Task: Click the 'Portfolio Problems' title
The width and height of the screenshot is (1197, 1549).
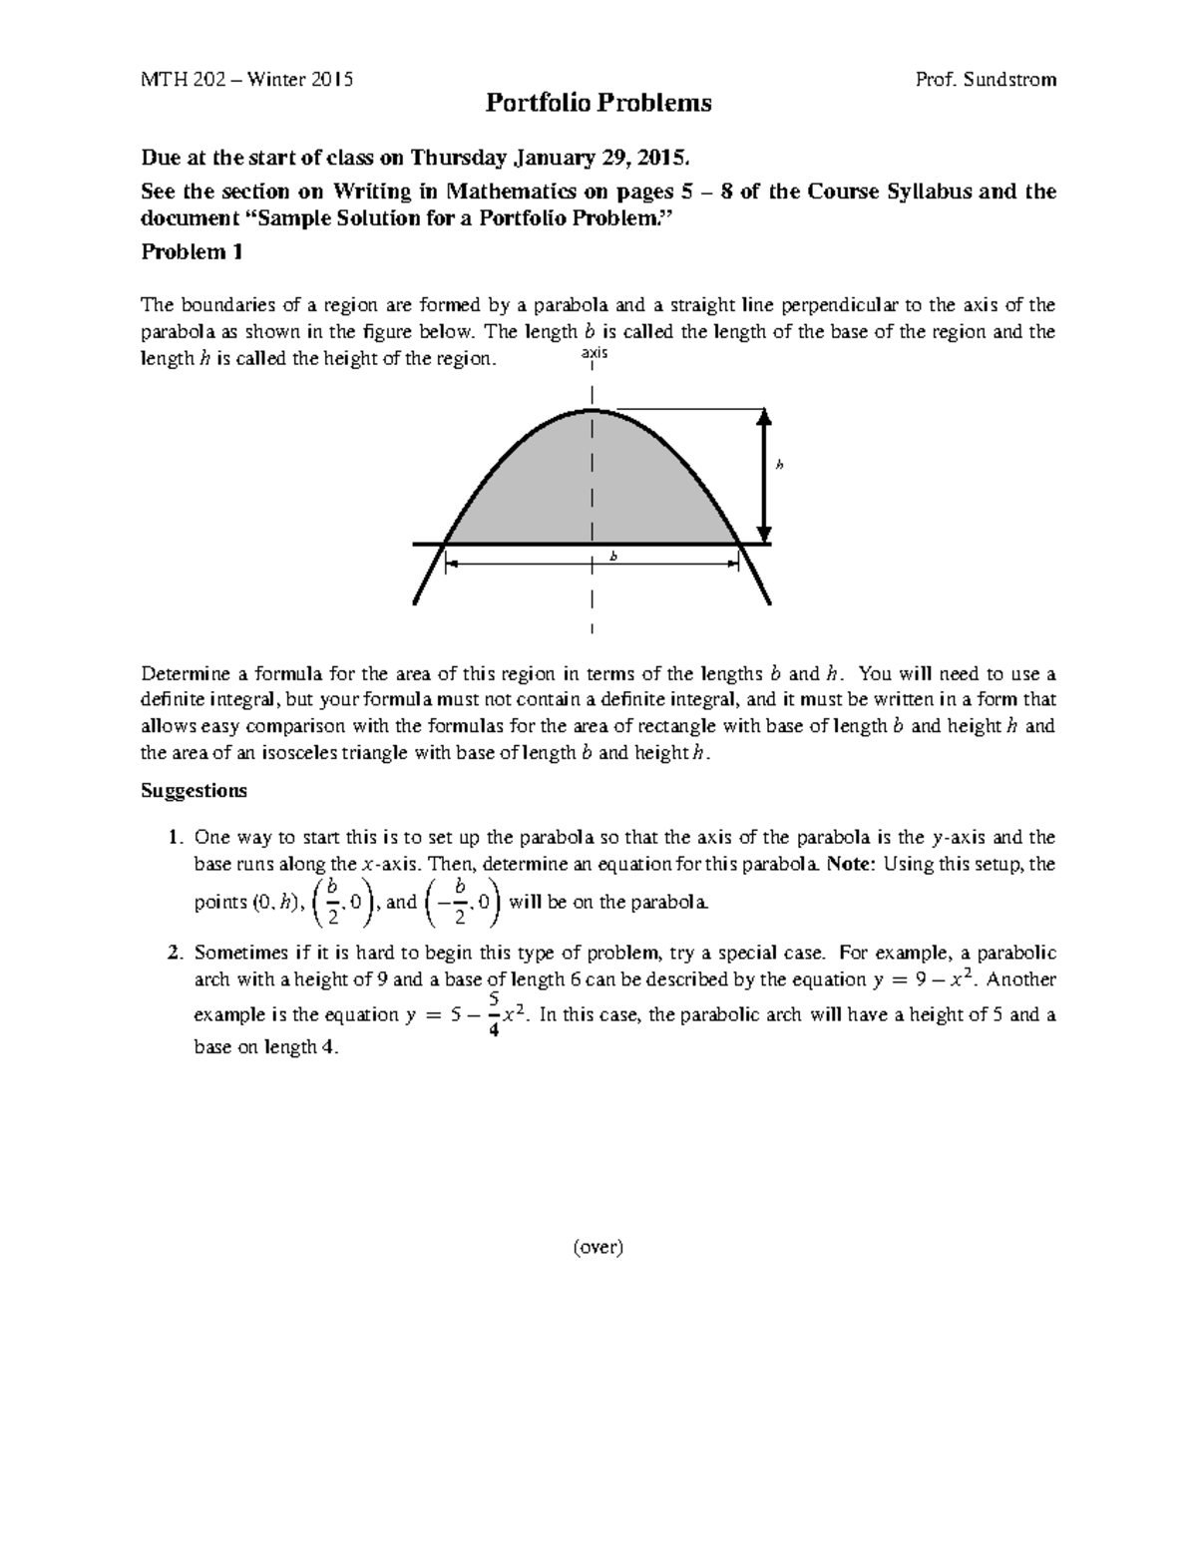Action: [x=598, y=103]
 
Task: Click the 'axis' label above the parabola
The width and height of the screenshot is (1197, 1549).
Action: [x=594, y=354]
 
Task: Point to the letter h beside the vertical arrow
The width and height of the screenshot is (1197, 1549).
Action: [x=780, y=465]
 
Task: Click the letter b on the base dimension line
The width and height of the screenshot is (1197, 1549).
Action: [x=613, y=557]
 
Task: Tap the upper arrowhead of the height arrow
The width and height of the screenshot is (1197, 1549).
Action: [x=764, y=417]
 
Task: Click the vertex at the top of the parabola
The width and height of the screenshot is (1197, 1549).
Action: [x=593, y=409]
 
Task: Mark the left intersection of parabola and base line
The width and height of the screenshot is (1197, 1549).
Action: [x=446, y=544]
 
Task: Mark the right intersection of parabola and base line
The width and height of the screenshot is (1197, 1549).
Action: [x=739, y=544]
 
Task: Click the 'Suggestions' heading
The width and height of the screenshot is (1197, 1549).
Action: [x=194, y=791]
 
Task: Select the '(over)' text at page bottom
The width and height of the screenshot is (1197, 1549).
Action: [x=598, y=1246]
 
